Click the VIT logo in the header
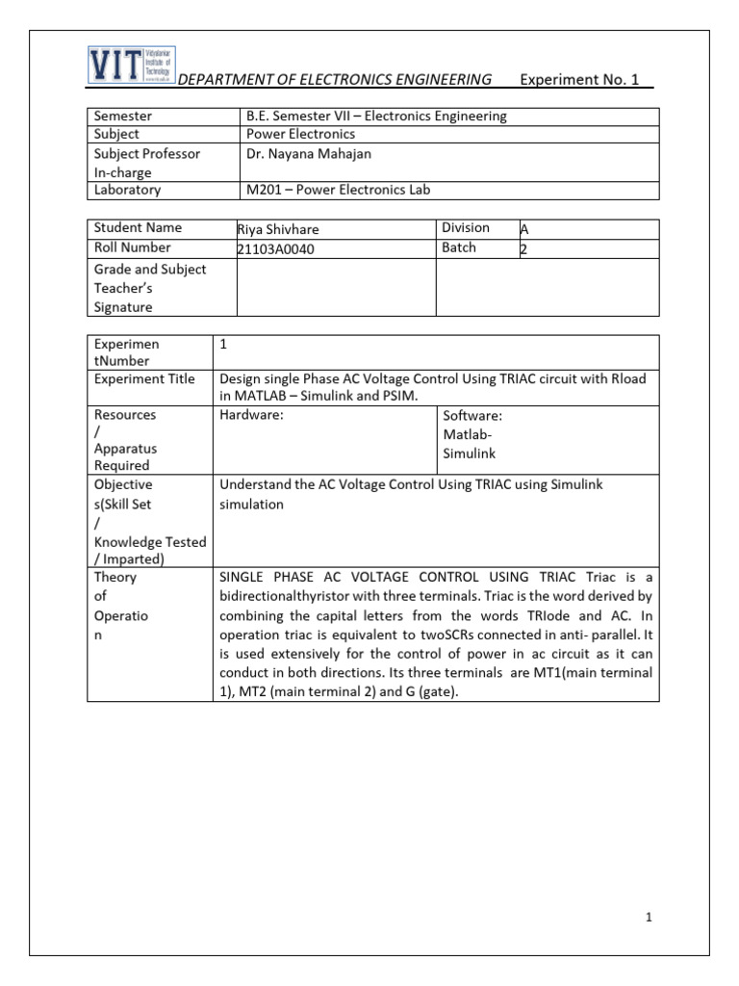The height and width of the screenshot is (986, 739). pyautogui.click(x=130, y=65)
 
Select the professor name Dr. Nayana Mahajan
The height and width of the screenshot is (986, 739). pyautogui.click(x=308, y=153)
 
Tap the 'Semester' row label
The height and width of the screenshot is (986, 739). pyautogui.click(x=123, y=117)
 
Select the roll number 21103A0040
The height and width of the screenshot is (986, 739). pyautogui.click(x=276, y=248)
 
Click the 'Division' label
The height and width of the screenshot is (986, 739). pyautogui.click(x=466, y=228)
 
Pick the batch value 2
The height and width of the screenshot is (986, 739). pyautogui.click(x=523, y=248)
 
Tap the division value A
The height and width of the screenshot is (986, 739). pyautogui.click(x=524, y=229)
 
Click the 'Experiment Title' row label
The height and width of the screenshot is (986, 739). pyautogui.click(x=144, y=379)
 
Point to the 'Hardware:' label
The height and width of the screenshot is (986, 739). pyautogui.click(x=252, y=415)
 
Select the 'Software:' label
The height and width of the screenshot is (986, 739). pyautogui.click(x=472, y=416)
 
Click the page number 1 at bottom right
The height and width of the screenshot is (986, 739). pyautogui.click(x=650, y=918)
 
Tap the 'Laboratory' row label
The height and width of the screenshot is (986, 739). pyautogui.click(x=128, y=191)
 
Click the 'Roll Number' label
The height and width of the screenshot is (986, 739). pyautogui.click(x=133, y=247)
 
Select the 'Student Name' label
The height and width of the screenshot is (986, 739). pyautogui.click(x=138, y=228)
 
